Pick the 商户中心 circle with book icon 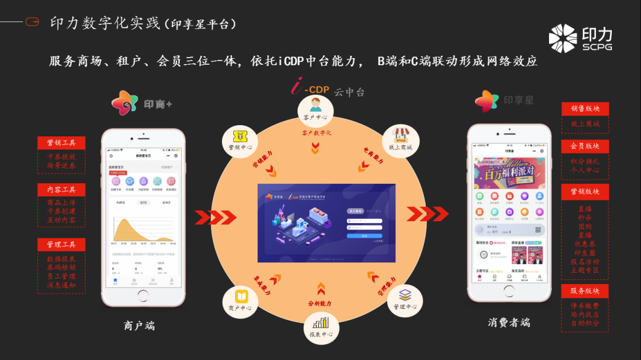click(x=240, y=301)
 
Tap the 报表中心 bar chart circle click(x=321, y=327)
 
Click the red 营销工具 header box click(x=61, y=143)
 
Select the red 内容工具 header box click(x=61, y=190)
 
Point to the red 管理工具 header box click(x=61, y=244)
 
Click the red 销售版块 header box click(x=585, y=109)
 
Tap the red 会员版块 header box click(x=585, y=146)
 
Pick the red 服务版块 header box click(x=585, y=291)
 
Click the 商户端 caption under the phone click(x=139, y=325)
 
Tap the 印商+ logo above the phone click(x=142, y=103)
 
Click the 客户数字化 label click(x=316, y=133)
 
